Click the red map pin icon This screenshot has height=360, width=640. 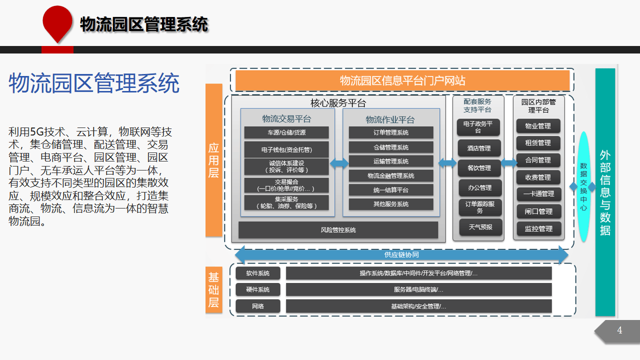(57, 23)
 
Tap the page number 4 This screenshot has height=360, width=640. (619, 330)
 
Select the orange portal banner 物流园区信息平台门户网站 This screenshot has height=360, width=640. (402, 80)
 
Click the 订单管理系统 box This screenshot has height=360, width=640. (391, 132)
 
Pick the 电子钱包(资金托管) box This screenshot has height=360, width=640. (286, 149)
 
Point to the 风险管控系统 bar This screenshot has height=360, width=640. (338, 230)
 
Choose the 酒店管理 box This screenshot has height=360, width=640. (479, 148)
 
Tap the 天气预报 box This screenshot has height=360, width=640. (480, 227)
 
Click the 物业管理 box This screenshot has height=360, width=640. (538, 126)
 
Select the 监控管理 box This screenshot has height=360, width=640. (539, 228)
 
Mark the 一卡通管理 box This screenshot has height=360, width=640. (539, 194)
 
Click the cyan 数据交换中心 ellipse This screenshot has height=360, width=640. (583, 186)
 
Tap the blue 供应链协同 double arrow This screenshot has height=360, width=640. (401, 254)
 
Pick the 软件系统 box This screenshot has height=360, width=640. (258, 273)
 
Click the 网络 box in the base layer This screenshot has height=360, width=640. (258, 306)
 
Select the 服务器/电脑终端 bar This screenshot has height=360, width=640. (418, 289)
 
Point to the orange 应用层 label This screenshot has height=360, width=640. (213, 160)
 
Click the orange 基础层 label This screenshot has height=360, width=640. (213, 289)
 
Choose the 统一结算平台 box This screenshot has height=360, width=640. (391, 190)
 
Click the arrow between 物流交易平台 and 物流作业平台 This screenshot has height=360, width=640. (339, 163)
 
